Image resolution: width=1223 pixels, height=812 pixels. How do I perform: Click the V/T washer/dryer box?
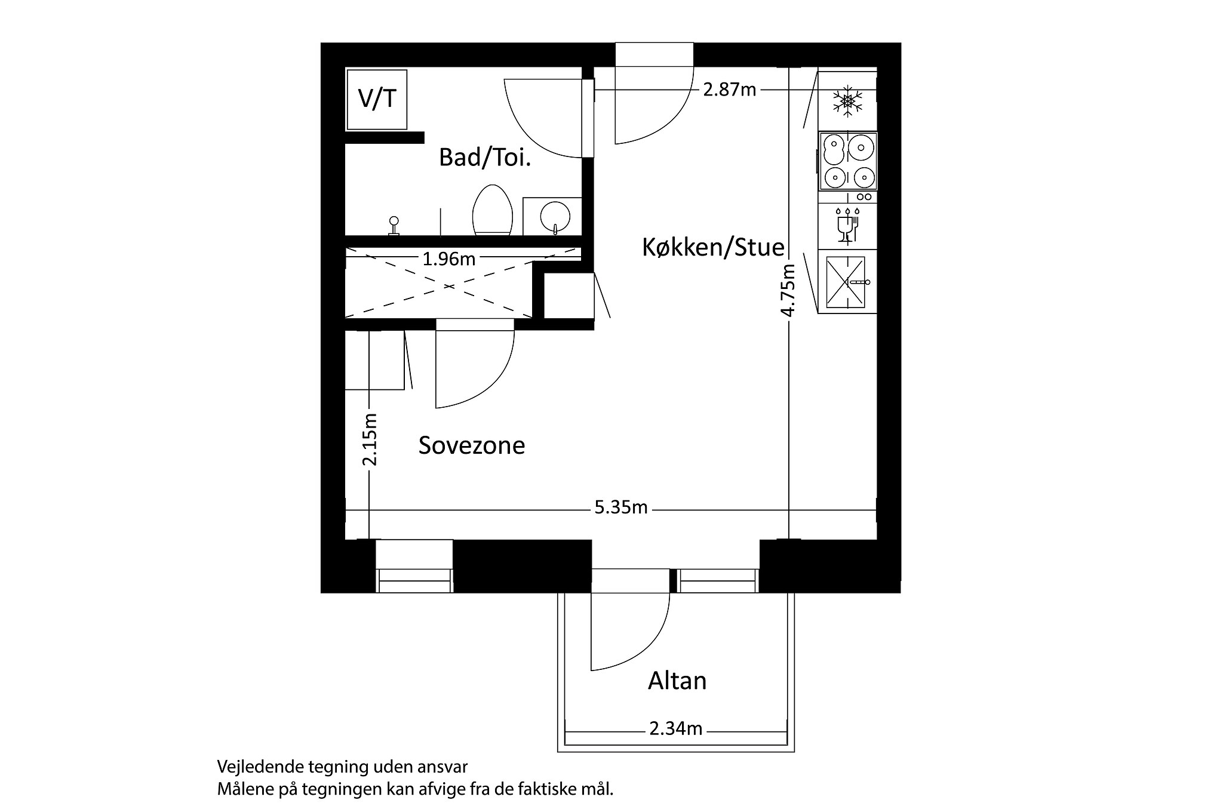click(x=377, y=99)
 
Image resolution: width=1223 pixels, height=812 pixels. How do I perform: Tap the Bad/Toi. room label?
click(x=484, y=158)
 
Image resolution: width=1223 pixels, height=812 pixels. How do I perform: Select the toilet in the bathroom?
click(x=493, y=210)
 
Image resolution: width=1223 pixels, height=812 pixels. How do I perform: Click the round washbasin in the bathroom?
click(x=555, y=216)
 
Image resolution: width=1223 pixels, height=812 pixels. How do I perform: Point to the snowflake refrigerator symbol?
click(x=847, y=100)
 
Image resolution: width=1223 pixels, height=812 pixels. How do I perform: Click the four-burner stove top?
click(x=847, y=161)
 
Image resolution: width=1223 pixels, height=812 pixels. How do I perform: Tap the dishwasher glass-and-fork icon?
click(x=847, y=225)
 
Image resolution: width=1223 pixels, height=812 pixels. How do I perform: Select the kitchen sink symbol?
click(x=846, y=282)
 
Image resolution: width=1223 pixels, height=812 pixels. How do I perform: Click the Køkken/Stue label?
click(x=713, y=247)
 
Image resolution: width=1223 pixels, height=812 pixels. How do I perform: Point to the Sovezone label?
click(x=472, y=445)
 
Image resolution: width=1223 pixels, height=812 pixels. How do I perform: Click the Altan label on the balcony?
click(x=677, y=681)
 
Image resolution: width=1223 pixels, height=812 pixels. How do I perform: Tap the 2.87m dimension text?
click(x=729, y=90)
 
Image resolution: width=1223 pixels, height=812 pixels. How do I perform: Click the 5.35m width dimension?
click(x=621, y=507)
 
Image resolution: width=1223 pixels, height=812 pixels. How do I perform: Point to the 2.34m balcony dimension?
click(x=675, y=729)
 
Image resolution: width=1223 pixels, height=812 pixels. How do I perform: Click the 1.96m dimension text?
click(x=448, y=259)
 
